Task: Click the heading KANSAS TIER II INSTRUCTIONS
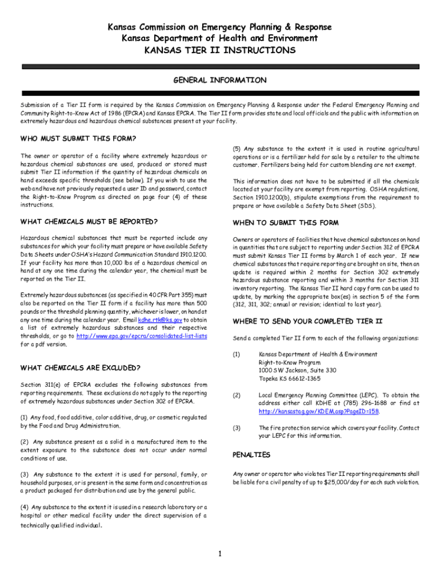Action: click(220, 50)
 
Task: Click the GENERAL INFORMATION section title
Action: click(220, 80)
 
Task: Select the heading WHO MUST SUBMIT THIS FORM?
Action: click(78, 138)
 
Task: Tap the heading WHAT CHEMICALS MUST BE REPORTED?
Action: click(89, 222)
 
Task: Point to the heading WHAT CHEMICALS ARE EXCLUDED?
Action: click(81, 367)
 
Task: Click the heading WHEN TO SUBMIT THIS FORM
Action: click(286, 223)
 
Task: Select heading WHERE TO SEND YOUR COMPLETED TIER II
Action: click(307, 321)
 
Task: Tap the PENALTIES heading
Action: click(251, 455)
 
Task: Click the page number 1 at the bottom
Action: click(220, 553)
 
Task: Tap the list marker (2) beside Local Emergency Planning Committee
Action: click(237, 395)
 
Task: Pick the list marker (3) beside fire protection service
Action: click(237, 428)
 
